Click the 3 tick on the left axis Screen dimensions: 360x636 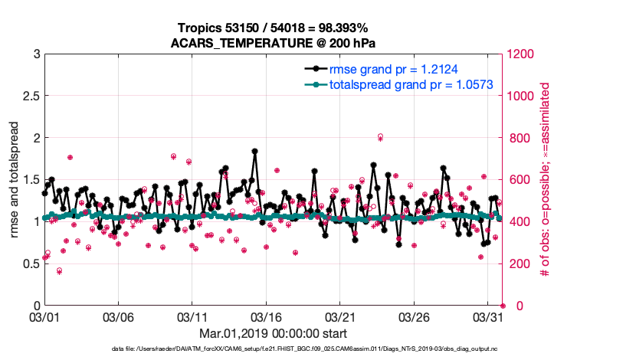pyautogui.click(x=37, y=54)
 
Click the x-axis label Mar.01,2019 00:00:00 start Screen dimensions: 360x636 pyautogui.click(x=273, y=333)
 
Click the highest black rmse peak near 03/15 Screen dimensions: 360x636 pyautogui.click(x=254, y=151)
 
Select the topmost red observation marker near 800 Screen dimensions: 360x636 pyautogui.click(x=380, y=136)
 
